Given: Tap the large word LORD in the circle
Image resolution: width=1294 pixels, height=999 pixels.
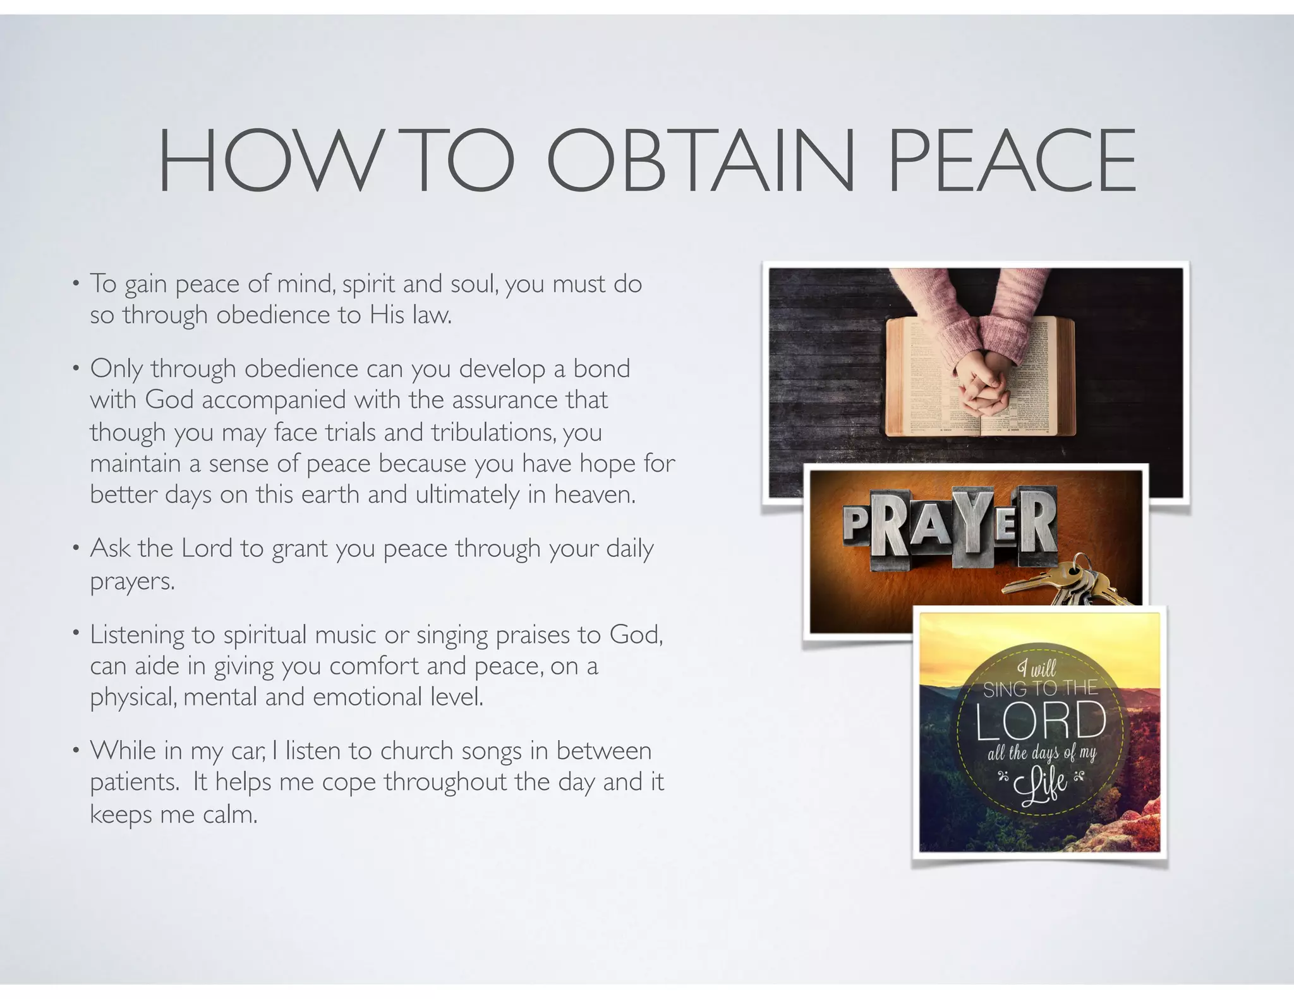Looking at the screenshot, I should [x=1041, y=721].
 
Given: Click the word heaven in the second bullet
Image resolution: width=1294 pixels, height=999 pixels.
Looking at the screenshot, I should [x=595, y=494].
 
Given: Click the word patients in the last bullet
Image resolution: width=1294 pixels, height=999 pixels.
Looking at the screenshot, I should [x=135, y=782].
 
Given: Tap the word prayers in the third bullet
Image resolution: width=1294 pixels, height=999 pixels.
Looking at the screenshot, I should [x=131, y=581].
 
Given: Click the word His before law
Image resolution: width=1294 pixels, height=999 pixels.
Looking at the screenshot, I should [x=387, y=314].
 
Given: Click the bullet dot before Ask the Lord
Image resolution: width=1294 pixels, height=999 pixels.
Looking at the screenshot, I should [x=76, y=547].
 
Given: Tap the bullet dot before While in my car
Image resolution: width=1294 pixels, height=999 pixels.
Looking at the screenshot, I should [x=76, y=750].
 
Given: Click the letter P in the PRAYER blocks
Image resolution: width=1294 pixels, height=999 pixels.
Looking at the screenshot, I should [x=856, y=523].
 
